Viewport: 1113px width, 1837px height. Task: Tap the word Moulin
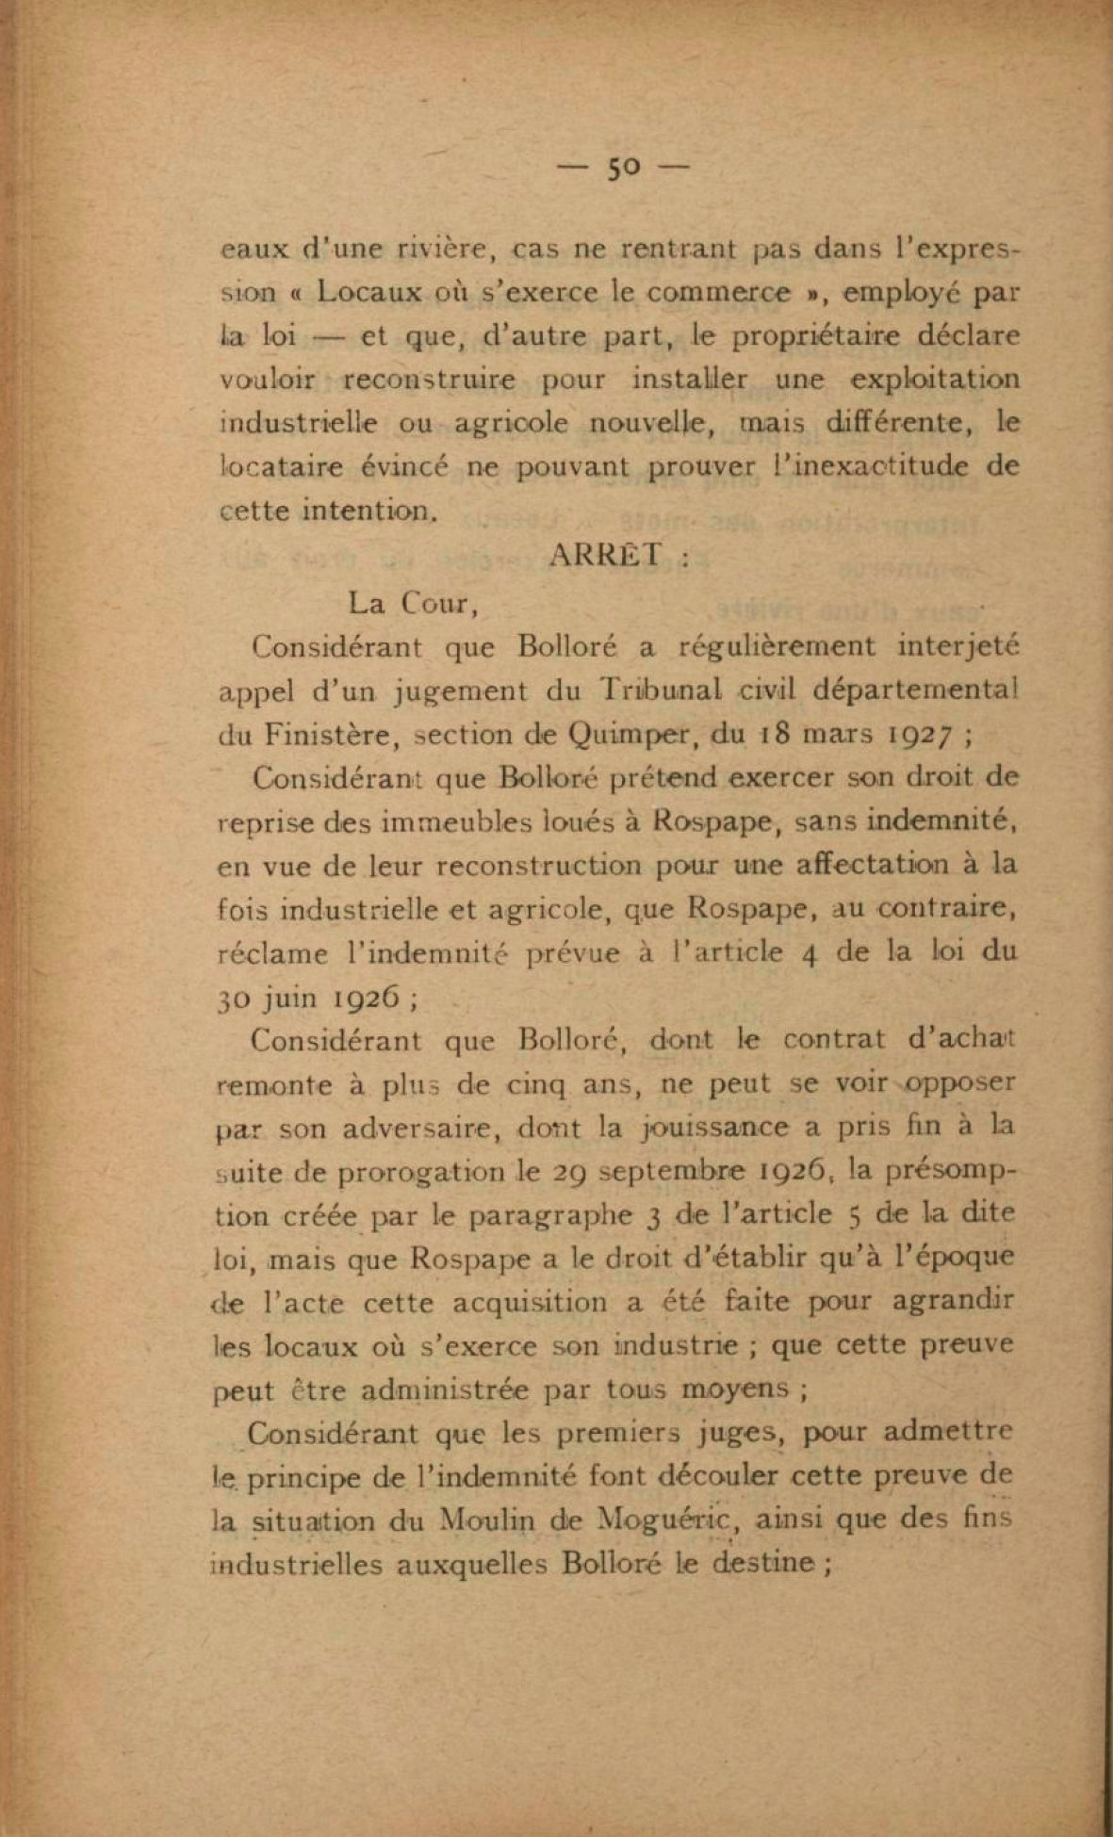click(x=487, y=1520)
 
